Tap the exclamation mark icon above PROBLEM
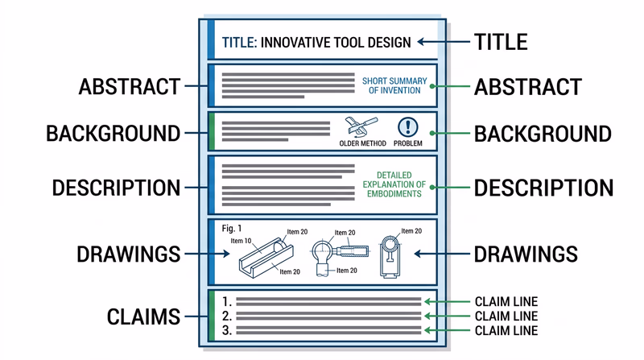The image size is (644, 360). [x=408, y=126]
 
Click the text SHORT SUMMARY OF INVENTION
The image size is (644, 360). [x=394, y=85]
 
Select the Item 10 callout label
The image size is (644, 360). [x=241, y=241]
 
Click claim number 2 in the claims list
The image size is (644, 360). [x=228, y=317]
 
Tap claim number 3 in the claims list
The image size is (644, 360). [x=228, y=330]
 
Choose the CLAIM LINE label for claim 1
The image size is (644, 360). [x=506, y=302]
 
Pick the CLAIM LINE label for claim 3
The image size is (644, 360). [x=506, y=330]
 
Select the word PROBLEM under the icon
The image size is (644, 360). [x=408, y=143]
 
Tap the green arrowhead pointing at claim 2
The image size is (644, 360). [x=429, y=317]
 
